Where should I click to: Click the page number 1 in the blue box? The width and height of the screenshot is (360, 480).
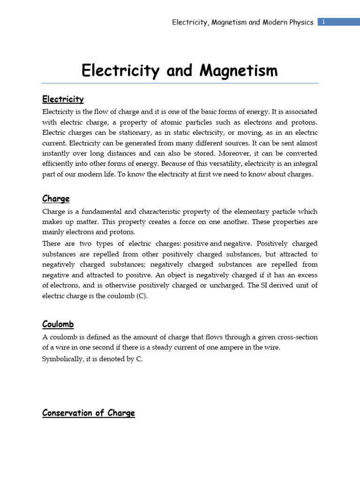[x=323, y=22]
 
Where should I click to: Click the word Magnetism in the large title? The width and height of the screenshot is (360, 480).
[x=239, y=71]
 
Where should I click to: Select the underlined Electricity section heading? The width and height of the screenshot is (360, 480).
[x=63, y=99]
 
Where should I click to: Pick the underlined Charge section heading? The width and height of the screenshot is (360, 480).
[x=56, y=199]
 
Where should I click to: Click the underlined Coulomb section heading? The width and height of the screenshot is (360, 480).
[x=58, y=324]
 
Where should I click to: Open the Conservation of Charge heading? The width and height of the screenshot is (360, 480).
[x=89, y=413]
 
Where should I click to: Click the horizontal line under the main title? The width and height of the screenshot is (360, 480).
[x=180, y=83]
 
